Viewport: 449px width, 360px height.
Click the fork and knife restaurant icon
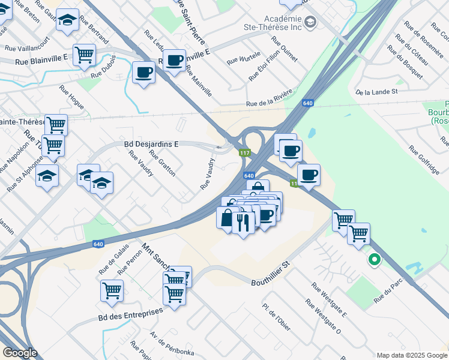[x=243, y=223]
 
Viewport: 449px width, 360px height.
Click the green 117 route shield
[x=245, y=154]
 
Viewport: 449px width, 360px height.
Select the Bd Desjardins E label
[x=152, y=144]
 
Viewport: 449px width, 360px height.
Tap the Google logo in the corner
[x=20, y=353]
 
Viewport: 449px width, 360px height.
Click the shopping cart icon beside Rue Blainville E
[x=85, y=55]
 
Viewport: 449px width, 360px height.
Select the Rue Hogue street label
[x=71, y=97]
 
